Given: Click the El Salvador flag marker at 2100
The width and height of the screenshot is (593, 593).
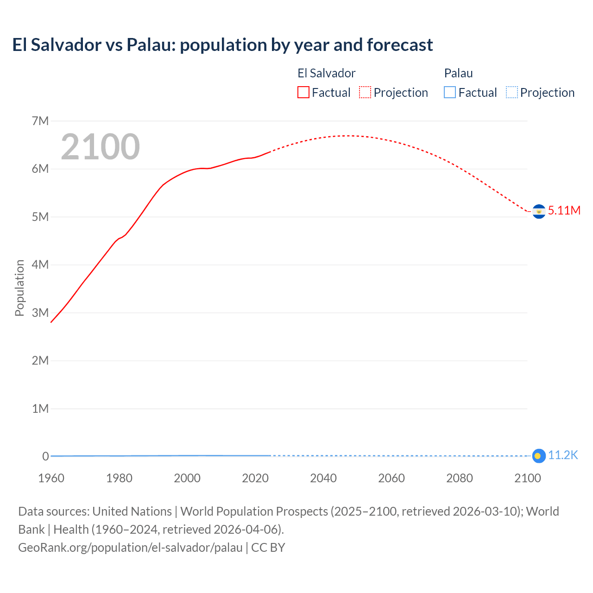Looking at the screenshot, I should click(x=538, y=211).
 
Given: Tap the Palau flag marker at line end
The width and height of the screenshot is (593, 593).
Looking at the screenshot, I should click(x=538, y=456).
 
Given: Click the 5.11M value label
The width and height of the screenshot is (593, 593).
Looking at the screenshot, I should click(x=564, y=210).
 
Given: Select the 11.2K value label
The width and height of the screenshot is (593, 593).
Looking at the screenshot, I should click(x=563, y=455).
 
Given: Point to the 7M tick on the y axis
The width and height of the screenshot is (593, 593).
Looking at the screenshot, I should click(x=40, y=121).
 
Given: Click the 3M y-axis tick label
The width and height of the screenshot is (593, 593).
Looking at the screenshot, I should click(x=40, y=313).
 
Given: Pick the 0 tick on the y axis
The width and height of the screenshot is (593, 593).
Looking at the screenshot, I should click(x=45, y=456).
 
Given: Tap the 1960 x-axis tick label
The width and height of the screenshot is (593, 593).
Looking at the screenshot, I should click(x=51, y=478).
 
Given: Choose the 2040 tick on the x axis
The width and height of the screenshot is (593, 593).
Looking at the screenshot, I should click(x=323, y=478).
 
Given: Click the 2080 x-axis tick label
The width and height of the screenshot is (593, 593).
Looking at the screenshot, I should click(x=460, y=478).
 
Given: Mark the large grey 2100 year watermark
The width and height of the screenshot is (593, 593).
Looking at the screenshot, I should click(x=100, y=147).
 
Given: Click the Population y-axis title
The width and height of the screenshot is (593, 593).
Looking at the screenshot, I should click(x=19, y=288).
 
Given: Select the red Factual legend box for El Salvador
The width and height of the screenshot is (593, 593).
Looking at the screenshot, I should click(x=303, y=93).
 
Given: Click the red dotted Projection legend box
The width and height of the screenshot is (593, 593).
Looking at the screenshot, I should click(x=365, y=93).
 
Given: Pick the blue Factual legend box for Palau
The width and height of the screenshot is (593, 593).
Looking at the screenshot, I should click(x=450, y=93).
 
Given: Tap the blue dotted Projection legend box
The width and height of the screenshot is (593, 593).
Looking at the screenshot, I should click(x=512, y=93).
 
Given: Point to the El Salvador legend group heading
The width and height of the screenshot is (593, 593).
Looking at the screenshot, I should click(x=326, y=73).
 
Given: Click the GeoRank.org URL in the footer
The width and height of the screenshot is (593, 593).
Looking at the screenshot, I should click(x=130, y=548).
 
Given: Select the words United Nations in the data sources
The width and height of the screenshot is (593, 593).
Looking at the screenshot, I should click(x=132, y=511).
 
